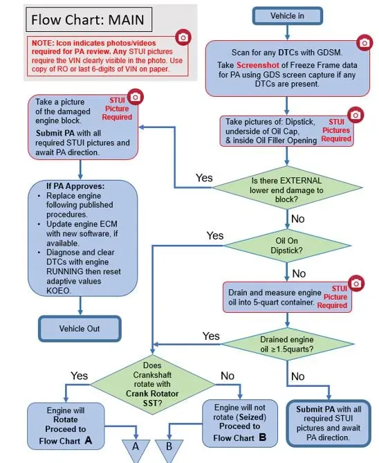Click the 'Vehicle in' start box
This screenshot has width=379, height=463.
pos(287,16)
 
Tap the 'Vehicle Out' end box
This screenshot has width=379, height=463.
pos(80,329)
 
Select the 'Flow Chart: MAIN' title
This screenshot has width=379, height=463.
pos(89,20)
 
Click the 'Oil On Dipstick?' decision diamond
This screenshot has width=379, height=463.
pos(287,246)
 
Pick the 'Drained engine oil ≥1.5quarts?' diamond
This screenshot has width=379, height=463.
pos(287,344)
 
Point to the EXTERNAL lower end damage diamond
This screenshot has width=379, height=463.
pos(287,188)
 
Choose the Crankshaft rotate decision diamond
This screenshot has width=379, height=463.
pos(153,385)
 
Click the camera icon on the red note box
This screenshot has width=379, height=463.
pos(183,37)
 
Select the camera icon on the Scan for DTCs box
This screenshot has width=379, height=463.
pos(364,43)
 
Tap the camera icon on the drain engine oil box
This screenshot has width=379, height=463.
pos(356,284)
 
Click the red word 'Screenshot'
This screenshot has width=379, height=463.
pos(258,65)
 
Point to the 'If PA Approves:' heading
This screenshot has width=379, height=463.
pos(75,186)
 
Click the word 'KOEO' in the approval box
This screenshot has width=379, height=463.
pos(58,291)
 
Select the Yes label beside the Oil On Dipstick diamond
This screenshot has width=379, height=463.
pos(215,235)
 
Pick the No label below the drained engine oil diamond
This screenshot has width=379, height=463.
pos(297,376)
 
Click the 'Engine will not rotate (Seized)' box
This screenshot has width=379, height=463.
pos(240,423)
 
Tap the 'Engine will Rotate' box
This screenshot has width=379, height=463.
pos(66,426)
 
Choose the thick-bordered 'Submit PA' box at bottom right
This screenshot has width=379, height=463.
pos(329,423)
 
